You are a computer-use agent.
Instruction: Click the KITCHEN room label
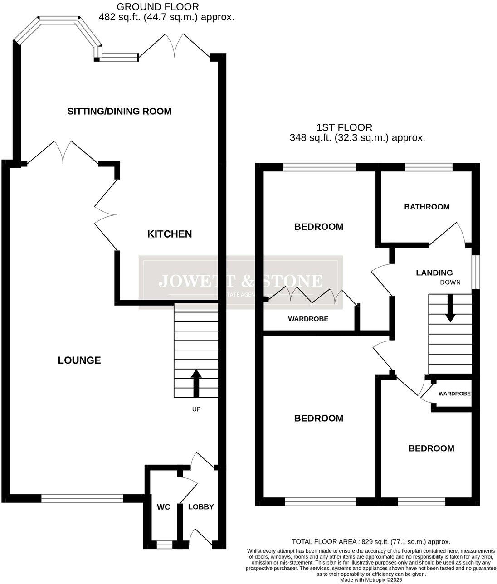tap(170, 234)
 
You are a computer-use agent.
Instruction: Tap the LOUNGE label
tap(79, 360)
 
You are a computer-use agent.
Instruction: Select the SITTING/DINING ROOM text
tap(119, 111)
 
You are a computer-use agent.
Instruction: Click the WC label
tap(164, 507)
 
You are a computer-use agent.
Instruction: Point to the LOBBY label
tap(200, 507)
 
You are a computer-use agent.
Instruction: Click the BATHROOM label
tap(427, 207)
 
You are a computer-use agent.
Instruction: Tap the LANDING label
tap(434, 273)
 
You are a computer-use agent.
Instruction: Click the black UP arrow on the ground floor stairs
tap(196, 383)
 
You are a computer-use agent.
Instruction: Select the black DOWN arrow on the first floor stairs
tap(450, 309)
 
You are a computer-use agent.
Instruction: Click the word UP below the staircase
tap(196, 409)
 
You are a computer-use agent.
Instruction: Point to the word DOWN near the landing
tap(450, 282)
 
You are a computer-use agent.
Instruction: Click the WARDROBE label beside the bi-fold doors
tap(308, 319)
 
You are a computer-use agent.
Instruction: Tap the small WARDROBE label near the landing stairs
tap(454, 394)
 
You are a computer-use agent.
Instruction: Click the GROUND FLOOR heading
tap(157, 7)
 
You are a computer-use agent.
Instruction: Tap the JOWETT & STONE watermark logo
tap(240, 282)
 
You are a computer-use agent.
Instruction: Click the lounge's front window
tap(82, 499)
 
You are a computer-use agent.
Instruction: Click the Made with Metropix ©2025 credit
tap(371, 580)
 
